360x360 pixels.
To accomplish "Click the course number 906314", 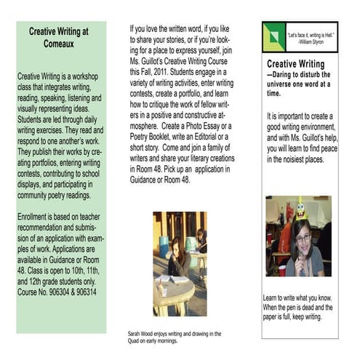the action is (x=84, y=292).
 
